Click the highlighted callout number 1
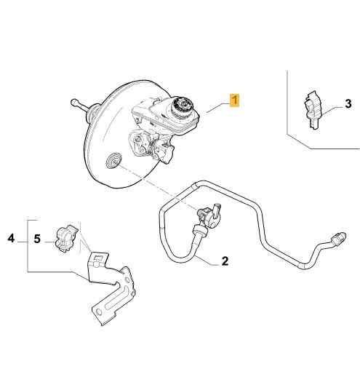point(235,100)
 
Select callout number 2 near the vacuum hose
point(225,261)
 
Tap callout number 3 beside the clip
point(348,103)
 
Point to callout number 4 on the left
point(11,239)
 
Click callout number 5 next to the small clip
point(37,239)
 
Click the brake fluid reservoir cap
point(182,107)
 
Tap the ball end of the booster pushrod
point(73,102)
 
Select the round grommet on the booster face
point(114,161)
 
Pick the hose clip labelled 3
point(313,110)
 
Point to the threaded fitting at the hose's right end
point(339,238)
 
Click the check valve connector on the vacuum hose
point(209,214)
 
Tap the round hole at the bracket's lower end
point(99,311)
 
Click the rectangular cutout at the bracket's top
point(98,258)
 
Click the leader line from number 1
point(218,108)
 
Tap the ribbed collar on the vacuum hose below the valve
point(201,230)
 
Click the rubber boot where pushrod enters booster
point(93,114)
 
